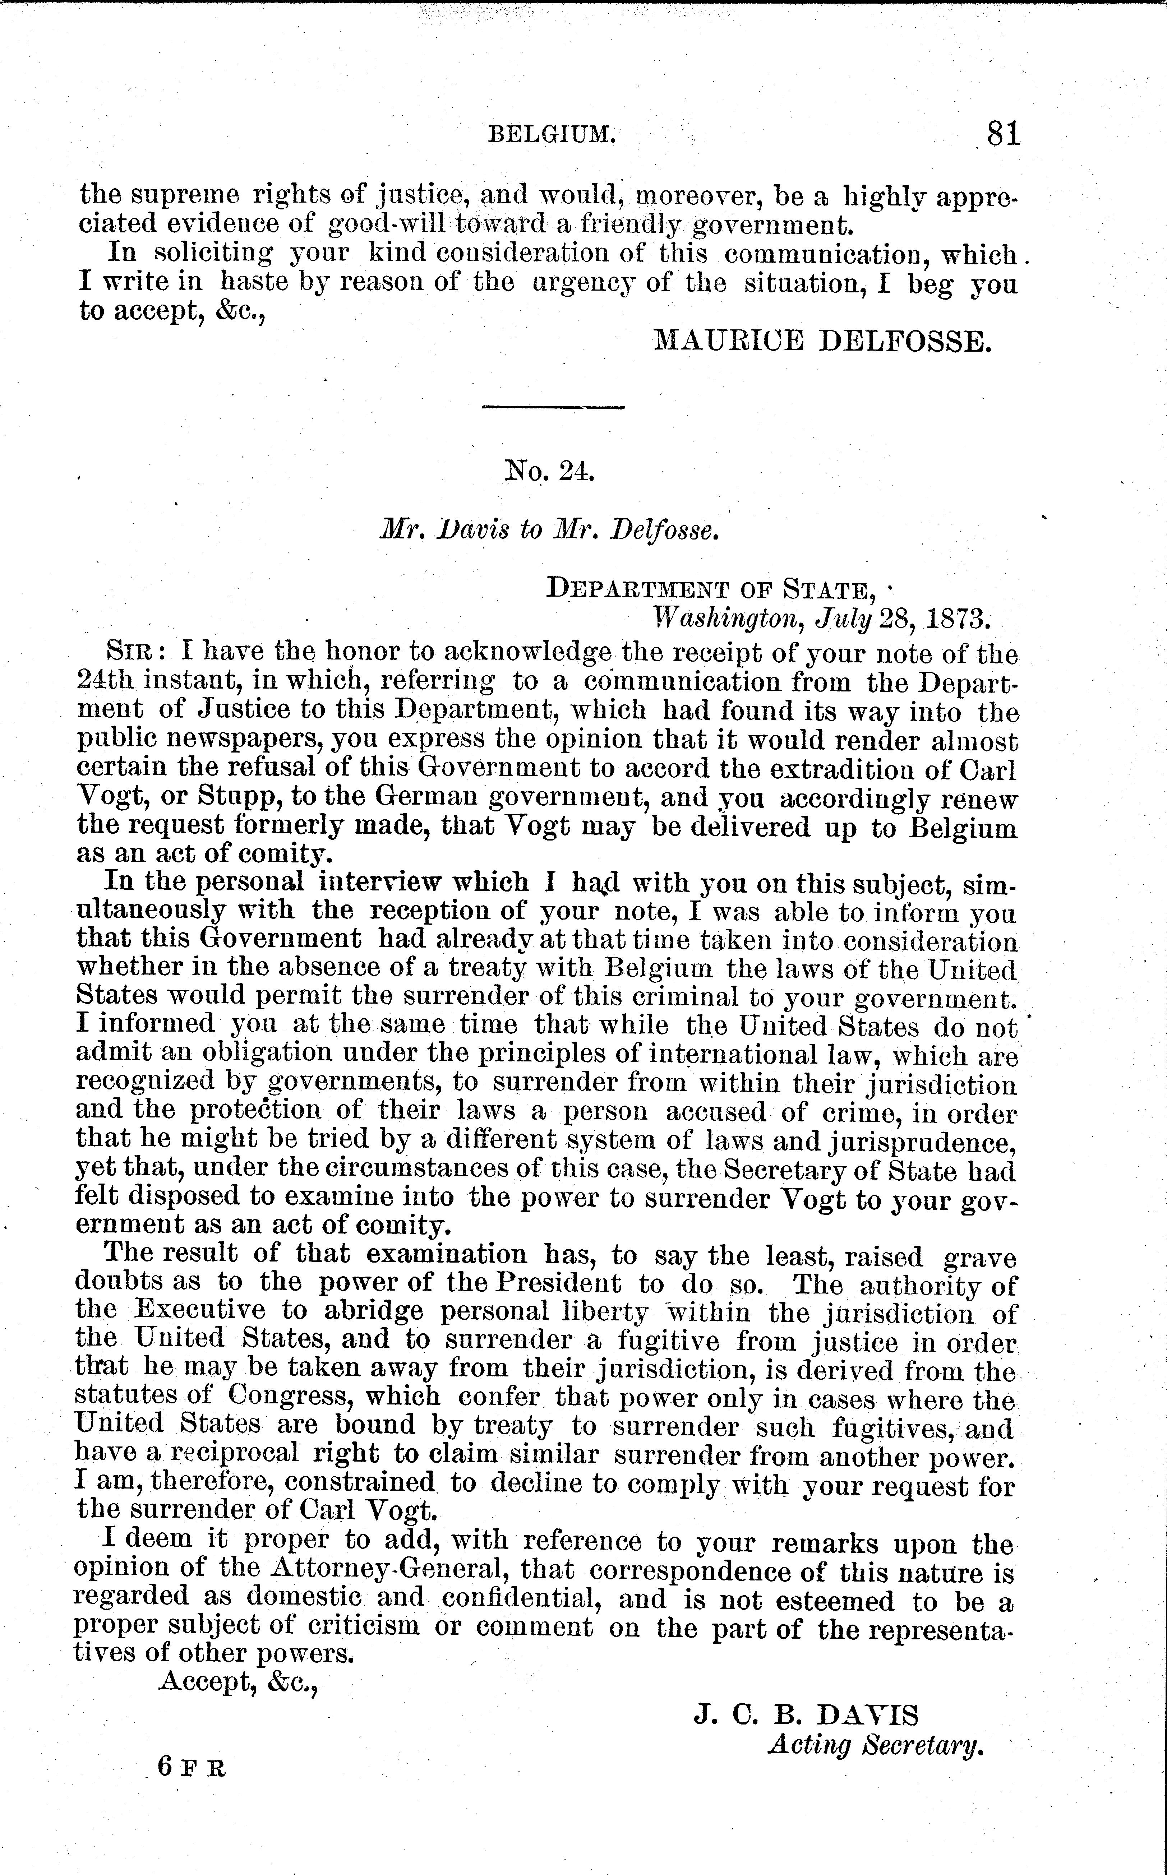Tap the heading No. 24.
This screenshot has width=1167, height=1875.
pyautogui.click(x=549, y=470)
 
